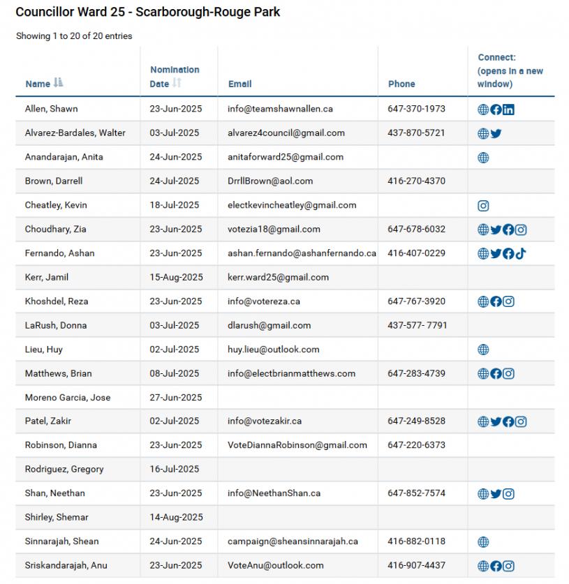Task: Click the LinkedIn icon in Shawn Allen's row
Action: (x=508, y=110)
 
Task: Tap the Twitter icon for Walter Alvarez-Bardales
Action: (x=496, y=133)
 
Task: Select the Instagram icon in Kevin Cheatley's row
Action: (x=483, y=206)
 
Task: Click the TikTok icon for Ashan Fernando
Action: (x=521, y=253)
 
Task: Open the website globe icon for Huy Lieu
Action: (x=483, y=350)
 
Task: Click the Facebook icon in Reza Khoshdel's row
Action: (x=496, y=301)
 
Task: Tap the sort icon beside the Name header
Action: (x=58, y=83)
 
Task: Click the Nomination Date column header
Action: (x=174, y=77)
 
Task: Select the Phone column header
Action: (x=401, y=84)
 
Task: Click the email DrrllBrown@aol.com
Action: (x=270, y=181)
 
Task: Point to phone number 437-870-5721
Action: (x=416, y=133)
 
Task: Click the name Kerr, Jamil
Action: (x=47, y=277)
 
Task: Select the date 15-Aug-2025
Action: (x=176, y=277)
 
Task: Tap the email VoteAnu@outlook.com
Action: (x=276, y=565)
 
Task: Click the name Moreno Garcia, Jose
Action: (x=68, y=398)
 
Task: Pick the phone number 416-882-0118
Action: (x=416, y=541)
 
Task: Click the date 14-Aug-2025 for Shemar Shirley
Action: (x=176, y=517)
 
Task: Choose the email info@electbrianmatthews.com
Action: (x=291, y=373)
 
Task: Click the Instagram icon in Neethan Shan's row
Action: (x=508, y=494)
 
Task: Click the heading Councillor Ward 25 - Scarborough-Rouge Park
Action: (x=148, y=12)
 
